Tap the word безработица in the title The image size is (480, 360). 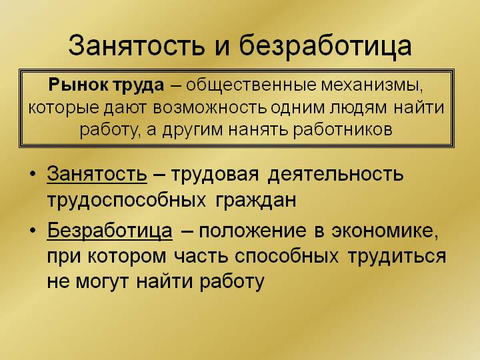[325, 46]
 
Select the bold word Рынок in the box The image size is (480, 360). [79, 85]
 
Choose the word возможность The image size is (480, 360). [210, 108]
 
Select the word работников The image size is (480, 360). [343, 130]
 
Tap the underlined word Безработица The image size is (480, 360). [109, 230]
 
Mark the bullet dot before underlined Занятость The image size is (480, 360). [33, 174]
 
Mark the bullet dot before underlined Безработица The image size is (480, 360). [33, 230]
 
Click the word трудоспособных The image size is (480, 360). [127, 201]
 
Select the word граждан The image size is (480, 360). [256, 201]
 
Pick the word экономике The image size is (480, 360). [385, 231]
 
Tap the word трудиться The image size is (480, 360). [397, 257]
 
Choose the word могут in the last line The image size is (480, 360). [101, 281]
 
